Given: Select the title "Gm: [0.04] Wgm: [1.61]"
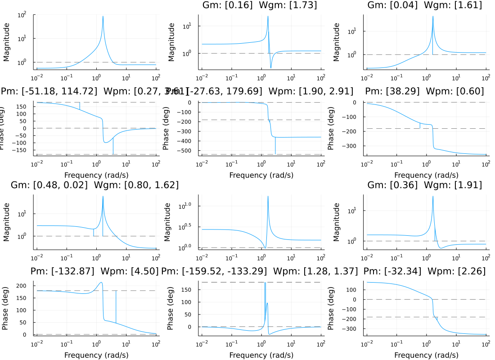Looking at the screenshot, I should click(x=425, y=5).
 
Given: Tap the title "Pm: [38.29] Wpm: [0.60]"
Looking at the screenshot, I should click(x=424, y=91).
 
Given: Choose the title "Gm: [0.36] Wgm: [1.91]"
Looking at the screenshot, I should click(x=425, y=185).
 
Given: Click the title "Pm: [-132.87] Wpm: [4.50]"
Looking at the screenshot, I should click(x=94, y=271).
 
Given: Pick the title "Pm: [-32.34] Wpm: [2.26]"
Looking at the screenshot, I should click(x=424, y=271).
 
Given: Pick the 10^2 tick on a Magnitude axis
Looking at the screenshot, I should click(x=22, y=15).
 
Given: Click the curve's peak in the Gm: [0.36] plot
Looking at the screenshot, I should click(x=433, y=197).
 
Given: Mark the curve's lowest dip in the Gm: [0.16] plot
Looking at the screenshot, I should click(x=271, y=67).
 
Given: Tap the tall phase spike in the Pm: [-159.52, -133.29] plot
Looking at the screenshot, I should click(x=265, y=283).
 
